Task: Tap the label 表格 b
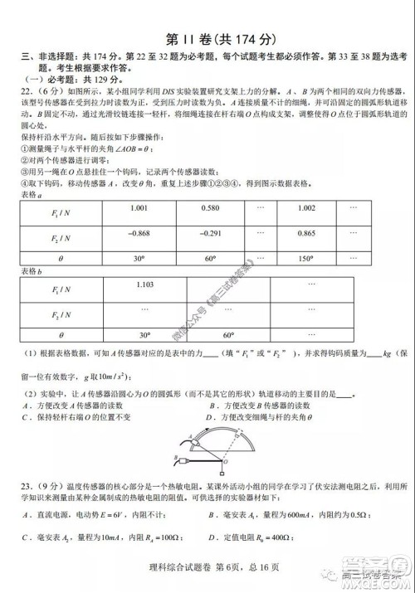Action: coord(32,270)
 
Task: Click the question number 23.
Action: coord(30,487)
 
